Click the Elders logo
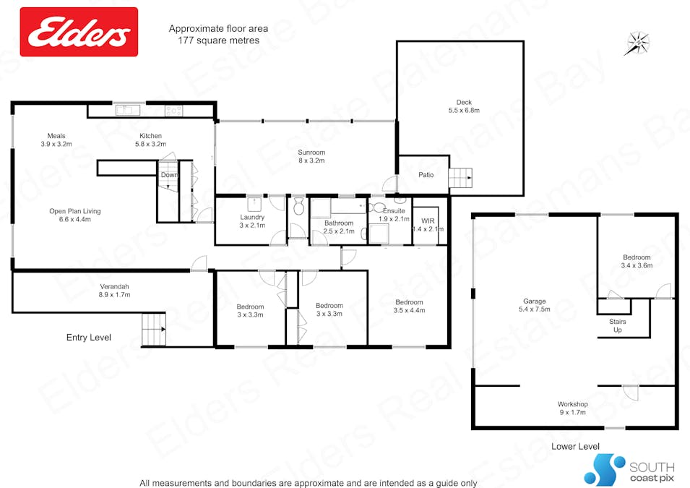click(79, 32)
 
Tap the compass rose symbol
click(637, 43)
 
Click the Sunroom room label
click(311, 156)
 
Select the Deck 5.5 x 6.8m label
click(463, 106)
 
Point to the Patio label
click(426, 175)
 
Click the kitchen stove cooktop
click(174, 111)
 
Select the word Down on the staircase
click(169, 175)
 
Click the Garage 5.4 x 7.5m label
click(535, 305)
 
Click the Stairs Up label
click(616, 326)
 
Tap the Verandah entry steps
click(154, 330)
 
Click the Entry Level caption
click(89, 337)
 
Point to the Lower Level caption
click(574, 447)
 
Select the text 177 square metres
click(218, 40)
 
